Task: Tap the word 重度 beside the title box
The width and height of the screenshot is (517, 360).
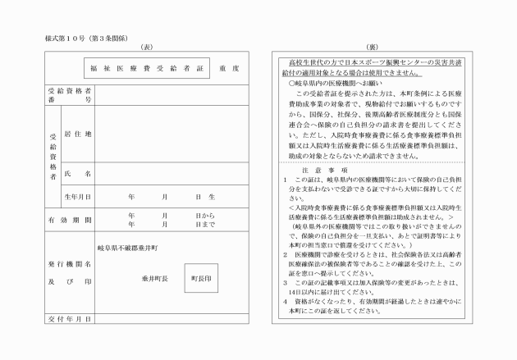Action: click(230, 68)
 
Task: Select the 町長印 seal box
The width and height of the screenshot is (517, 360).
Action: click(201, 278)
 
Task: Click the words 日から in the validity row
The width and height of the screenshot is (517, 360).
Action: click(205, 215)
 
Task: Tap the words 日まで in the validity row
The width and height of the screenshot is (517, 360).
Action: click(205, 224)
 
